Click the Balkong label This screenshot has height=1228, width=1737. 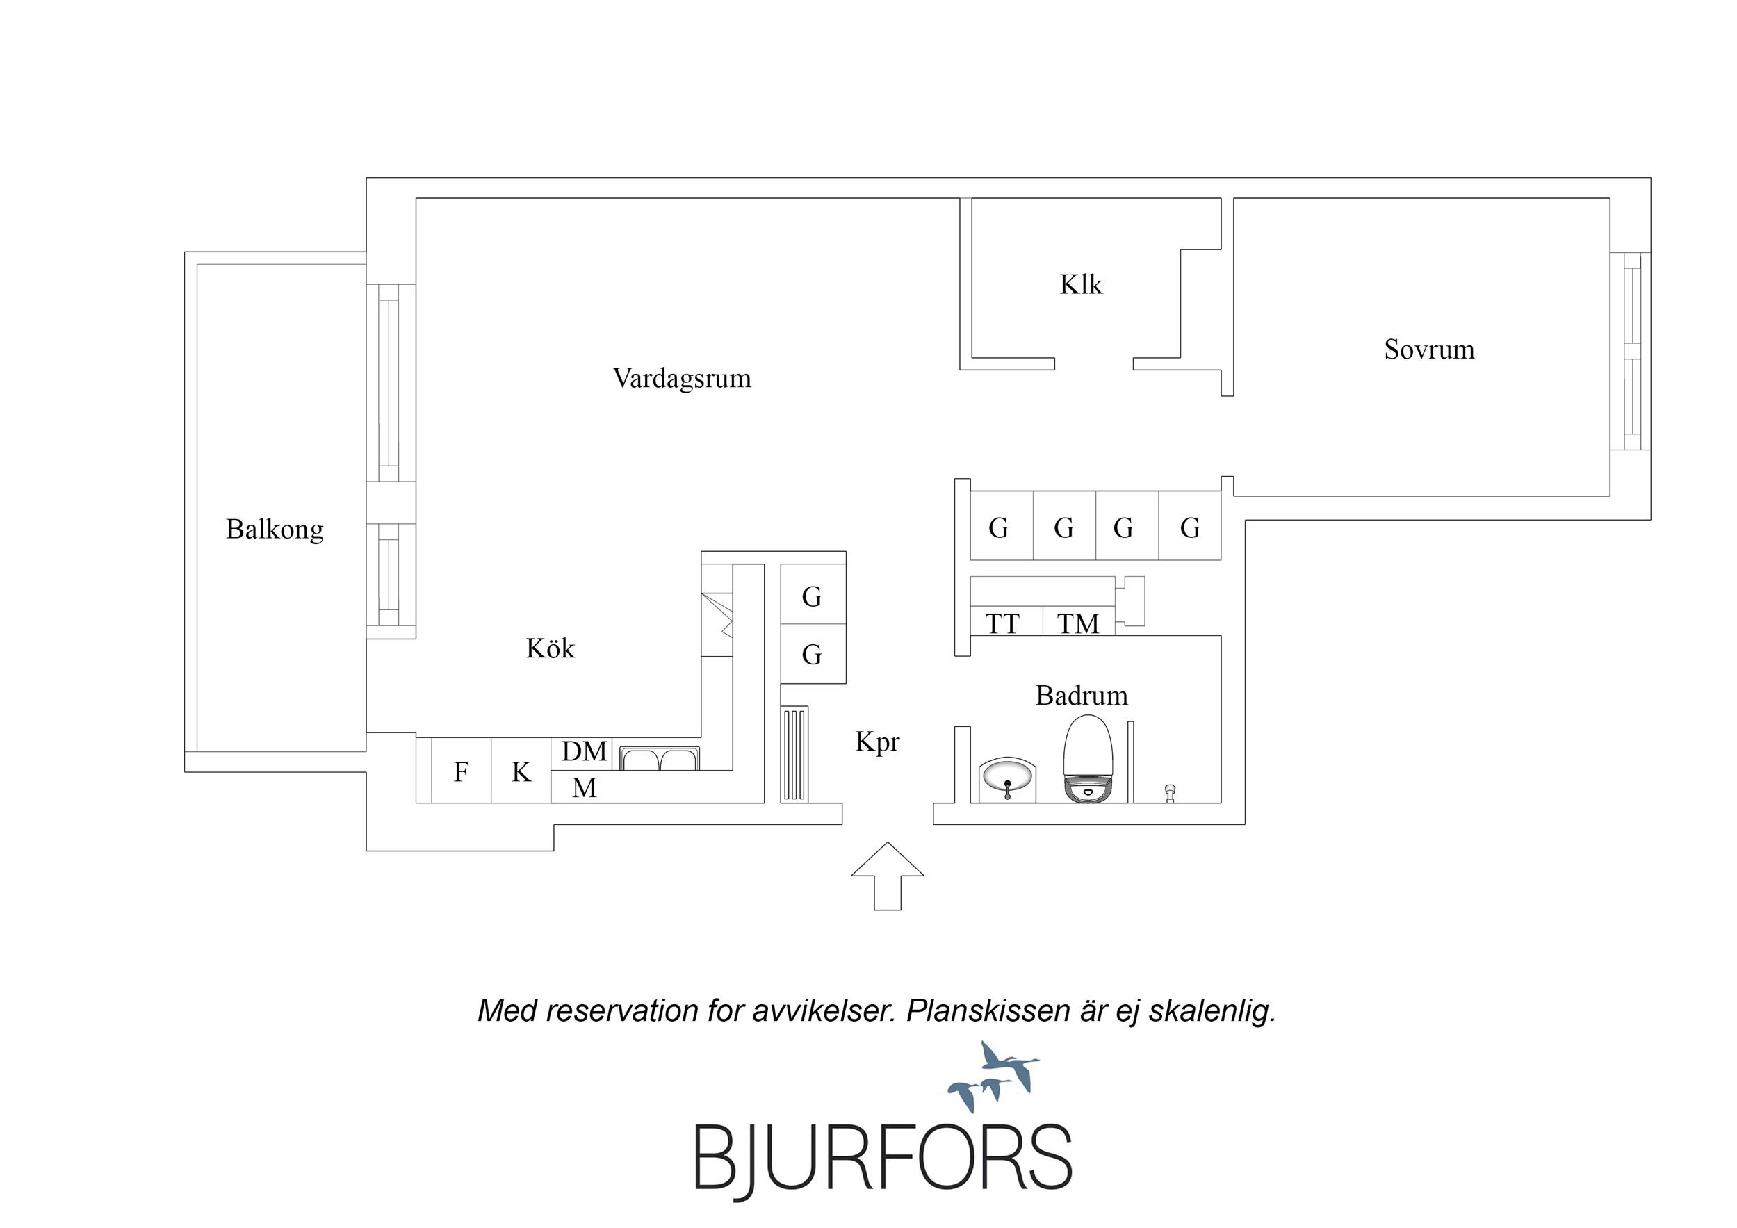(275, 529)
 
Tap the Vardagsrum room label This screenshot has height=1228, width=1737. (682, 378)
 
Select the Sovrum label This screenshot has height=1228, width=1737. (1429, 350)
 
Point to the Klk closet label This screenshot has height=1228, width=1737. (1080, 285)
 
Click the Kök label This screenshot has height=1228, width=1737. (550, 648)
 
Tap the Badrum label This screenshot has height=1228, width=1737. (1081, 696)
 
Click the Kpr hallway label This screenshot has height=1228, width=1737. (876, 742)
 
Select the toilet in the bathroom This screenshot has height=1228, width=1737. (1088, 760)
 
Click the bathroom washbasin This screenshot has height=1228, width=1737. (1008, 778)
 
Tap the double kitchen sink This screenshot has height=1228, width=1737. (660, 758)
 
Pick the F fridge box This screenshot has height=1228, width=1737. (461, 771)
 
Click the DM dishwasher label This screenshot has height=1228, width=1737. (584, 751)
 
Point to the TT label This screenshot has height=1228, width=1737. (1002, 624)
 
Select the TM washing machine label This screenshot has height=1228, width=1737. (1077, 624)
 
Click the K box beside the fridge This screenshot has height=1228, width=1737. (521, 771)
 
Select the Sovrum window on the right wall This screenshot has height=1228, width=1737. (1631, 351)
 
